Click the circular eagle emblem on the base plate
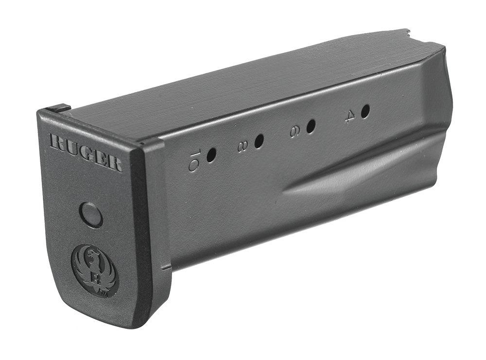(95, 270)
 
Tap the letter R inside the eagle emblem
(95, 278)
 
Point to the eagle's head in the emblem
(91, 253)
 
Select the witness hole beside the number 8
(259, 141)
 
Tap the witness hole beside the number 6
(311, 126)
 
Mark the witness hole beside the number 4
(365, 111)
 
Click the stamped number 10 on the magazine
(194, 161)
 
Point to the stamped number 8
(242, 146)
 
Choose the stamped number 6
(295, 131)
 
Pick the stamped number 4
(349, 116)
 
